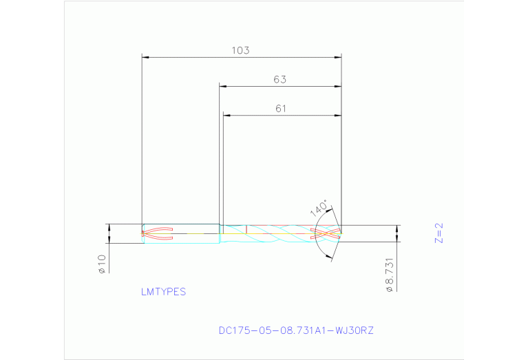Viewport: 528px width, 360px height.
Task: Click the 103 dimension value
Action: tap(240, 50)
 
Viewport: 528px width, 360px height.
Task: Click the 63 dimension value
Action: tap(279, 80)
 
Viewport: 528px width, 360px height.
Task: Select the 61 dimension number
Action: tap(280, 108)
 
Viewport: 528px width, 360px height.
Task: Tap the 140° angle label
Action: tap(319, 208)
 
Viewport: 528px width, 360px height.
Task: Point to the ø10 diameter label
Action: tap(101, 264)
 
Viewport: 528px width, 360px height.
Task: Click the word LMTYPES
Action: tap(163, 292)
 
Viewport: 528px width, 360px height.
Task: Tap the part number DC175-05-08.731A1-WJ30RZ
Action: tap(296, 330)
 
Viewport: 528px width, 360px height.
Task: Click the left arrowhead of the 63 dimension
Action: tap(223, 86)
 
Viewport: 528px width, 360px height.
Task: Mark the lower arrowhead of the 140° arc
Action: tap(329, 258)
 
